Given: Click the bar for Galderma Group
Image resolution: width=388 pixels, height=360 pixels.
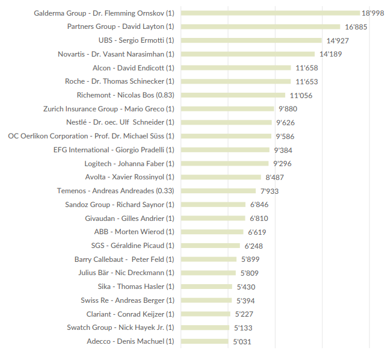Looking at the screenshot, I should click(x=270, y=13).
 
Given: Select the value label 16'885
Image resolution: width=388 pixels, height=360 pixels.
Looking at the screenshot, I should click(x=356, y=27).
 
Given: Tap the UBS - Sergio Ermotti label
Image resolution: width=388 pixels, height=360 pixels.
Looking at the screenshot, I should click(x=136, y=40).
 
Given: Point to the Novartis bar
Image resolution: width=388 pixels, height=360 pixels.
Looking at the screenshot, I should click(x=248, y=54).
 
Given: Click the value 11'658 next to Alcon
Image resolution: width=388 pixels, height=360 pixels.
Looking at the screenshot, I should click(x=307, y=68).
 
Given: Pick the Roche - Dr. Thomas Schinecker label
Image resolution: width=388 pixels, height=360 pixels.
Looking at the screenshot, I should click(x=119, y=81).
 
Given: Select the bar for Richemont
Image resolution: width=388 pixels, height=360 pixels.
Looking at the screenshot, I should click(x=233, y=95).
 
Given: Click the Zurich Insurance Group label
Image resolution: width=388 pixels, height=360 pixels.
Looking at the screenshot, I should click(x=108, y=109).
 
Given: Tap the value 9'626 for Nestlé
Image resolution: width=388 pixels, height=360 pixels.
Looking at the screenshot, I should click(x=285, y=123).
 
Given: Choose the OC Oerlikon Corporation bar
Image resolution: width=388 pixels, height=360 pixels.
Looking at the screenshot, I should click(x=227, y=136).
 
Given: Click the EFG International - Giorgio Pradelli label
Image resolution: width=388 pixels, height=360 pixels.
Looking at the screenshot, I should click(x=114, y=150).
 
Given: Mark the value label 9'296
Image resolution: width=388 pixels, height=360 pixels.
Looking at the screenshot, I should click(x=283, y=164).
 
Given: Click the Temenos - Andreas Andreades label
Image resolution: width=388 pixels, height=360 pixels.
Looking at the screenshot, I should click(x=115, y=191).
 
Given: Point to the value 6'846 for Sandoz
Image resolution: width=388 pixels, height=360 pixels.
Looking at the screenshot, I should click(x=259, y=205).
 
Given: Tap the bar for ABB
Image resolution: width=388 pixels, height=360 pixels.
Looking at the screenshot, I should click(x=212, y=232).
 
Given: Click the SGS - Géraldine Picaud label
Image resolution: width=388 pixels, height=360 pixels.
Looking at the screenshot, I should click(x=132, y=246).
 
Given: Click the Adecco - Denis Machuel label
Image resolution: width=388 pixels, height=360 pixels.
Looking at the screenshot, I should click(x=130, y=341).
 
